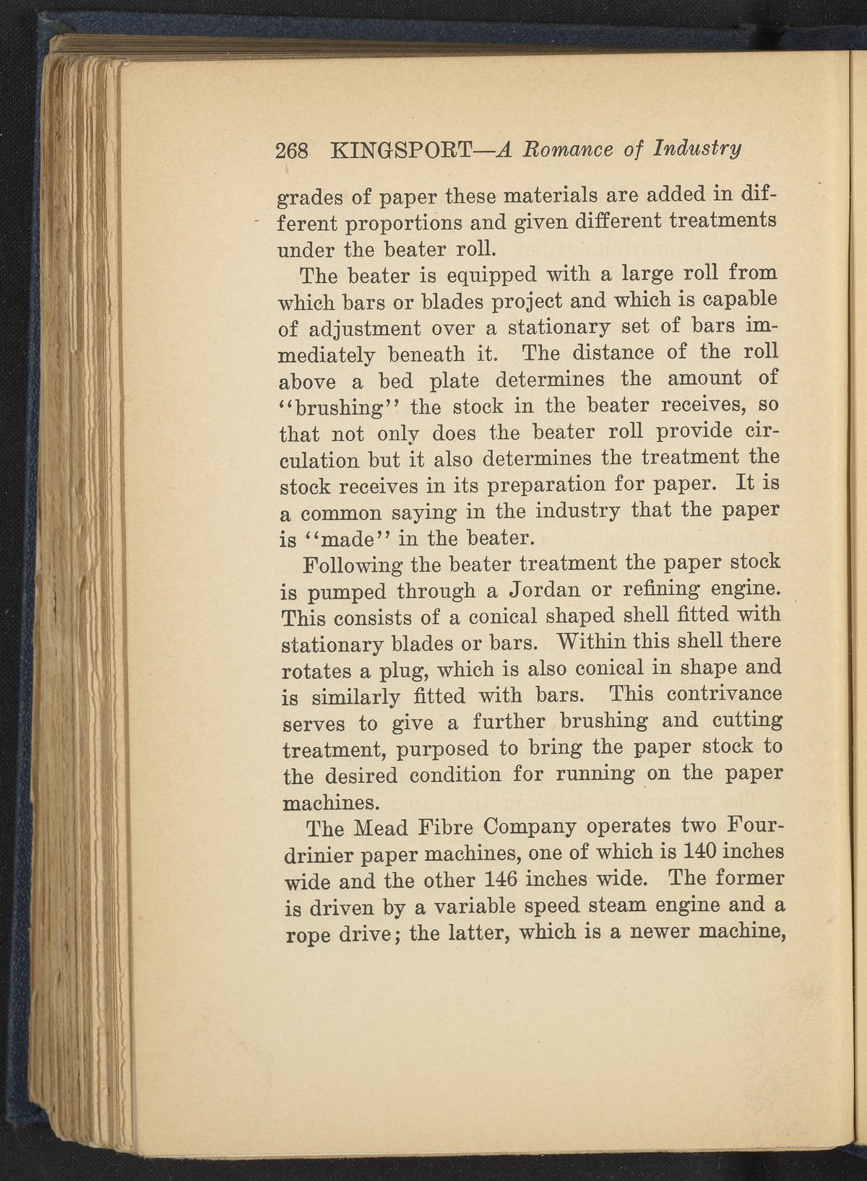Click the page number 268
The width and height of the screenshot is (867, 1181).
(x=292, y=151)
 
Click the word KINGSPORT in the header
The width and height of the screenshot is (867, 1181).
(x=402, y=150)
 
